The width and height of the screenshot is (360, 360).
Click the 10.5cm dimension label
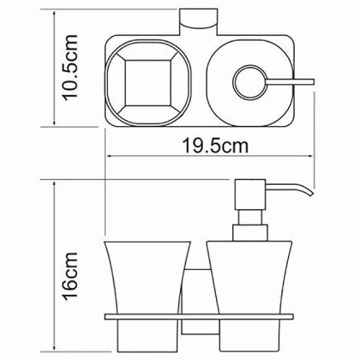70,71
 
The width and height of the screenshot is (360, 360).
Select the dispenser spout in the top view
292,81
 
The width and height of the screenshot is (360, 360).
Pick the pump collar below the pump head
250,233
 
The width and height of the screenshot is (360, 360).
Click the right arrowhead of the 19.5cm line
312,155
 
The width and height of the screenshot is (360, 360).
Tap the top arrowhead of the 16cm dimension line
56,184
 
